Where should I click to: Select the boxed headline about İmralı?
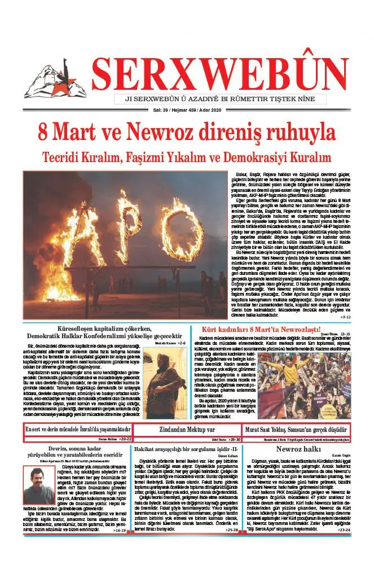(x=78, y=429)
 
